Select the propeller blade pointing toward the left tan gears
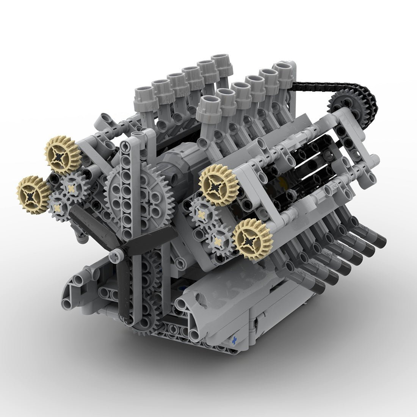coord(85,224)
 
